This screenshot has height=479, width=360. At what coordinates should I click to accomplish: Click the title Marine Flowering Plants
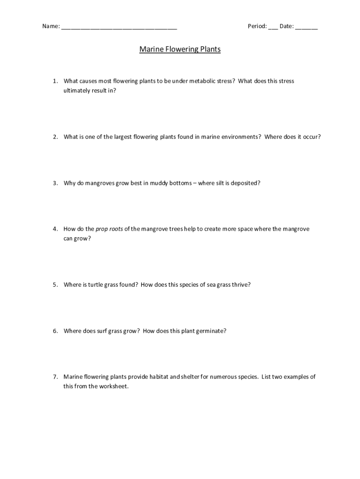[180, 49]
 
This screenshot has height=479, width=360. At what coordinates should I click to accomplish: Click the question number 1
[55, 81]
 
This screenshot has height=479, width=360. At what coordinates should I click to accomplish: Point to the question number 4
[55, 229]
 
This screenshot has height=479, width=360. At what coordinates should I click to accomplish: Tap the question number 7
[55, 377]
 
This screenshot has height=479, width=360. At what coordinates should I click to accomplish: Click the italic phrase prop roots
[109, 229]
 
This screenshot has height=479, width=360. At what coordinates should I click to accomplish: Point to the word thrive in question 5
[240, 284]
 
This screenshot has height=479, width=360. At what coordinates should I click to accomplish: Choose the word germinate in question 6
[210, 331]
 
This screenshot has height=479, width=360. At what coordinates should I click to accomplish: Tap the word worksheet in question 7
[113, 386]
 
